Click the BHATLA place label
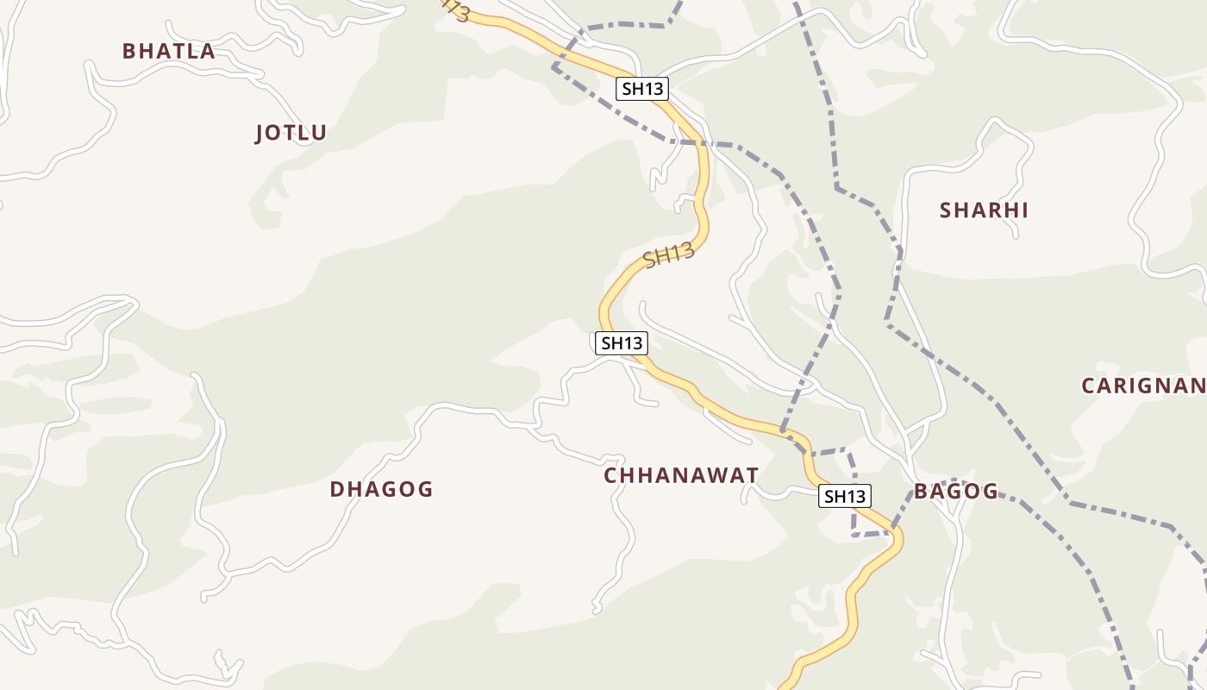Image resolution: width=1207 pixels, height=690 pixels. (168, 51)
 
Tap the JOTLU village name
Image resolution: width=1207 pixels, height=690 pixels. (291, 133)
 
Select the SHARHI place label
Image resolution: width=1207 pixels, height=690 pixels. (984, 210)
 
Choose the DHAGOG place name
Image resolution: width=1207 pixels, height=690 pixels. (381, 489)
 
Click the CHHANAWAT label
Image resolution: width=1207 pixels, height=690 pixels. (681, 475)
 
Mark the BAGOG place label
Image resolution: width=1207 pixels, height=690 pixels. (956, 492)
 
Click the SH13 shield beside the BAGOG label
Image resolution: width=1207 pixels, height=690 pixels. (844, 496)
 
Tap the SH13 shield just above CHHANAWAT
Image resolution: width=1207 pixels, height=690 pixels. (622, 342)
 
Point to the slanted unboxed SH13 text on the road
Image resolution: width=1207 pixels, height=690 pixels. (669, 255)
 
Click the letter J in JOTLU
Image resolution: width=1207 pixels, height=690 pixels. (260, 134)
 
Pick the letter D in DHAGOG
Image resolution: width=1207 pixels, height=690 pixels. (337, 489)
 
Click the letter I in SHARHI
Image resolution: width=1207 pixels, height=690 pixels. (1024, 210)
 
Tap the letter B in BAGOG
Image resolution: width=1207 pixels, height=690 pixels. (921, 492)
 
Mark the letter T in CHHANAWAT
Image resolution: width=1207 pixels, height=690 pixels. (752, 475)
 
